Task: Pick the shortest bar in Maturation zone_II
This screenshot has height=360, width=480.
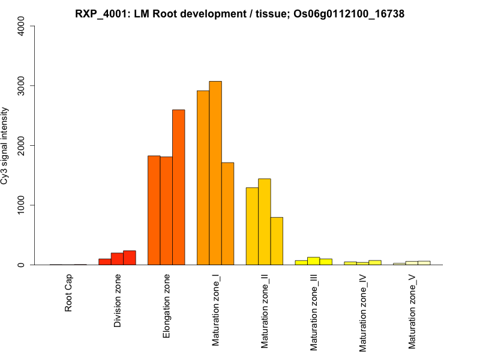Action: point(277,241)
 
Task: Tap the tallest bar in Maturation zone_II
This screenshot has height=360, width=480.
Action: point(265,222)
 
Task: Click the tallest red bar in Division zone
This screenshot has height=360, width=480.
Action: point(130,258)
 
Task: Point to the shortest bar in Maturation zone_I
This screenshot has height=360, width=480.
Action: point(227,214)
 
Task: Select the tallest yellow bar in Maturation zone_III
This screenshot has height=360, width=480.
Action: point(313,261)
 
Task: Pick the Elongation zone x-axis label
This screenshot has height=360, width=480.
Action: point(167,306)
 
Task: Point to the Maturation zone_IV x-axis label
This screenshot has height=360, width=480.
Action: point(363,313)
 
